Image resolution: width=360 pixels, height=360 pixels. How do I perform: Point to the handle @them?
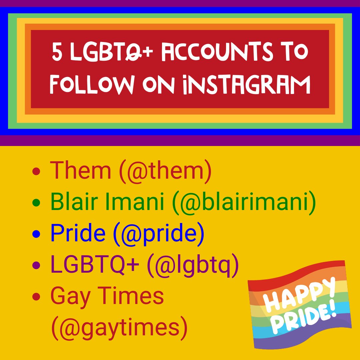click(164, 171)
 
